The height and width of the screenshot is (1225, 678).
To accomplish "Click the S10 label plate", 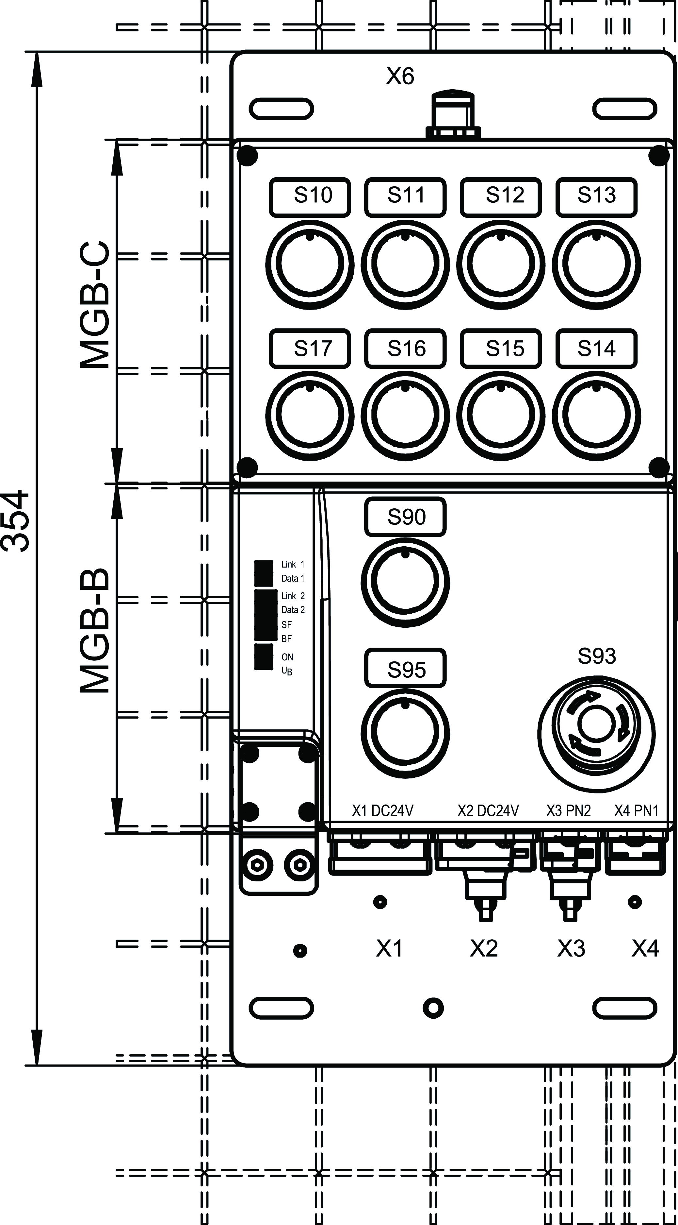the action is [x=310, y=197].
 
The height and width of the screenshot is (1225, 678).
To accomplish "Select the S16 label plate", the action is [x=405, y=349].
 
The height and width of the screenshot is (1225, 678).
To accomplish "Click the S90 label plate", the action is [x=405, y=517].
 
